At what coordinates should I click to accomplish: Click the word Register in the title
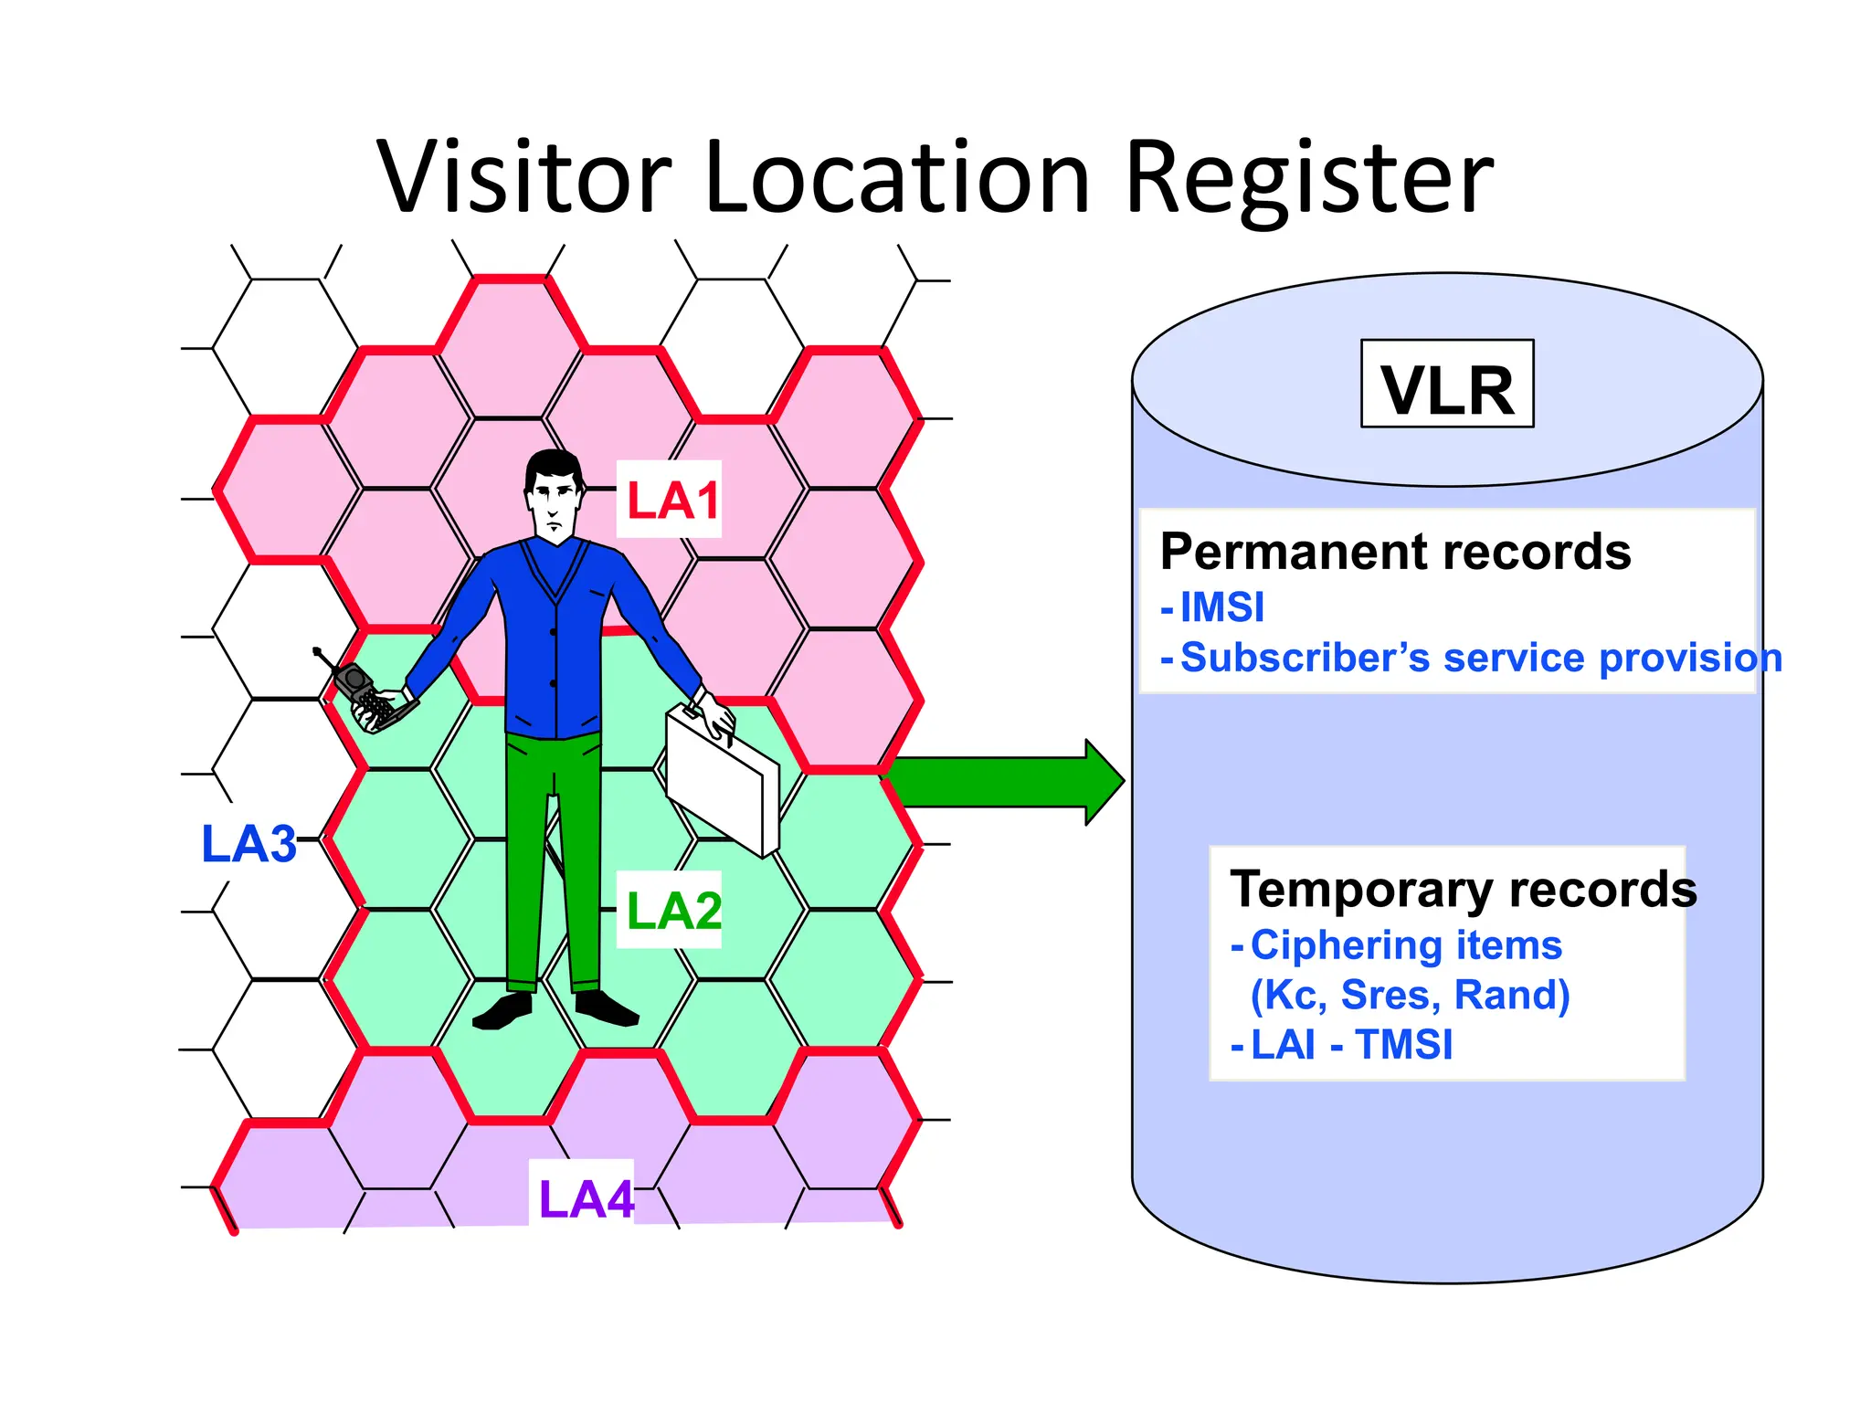click(x=1308, y=179)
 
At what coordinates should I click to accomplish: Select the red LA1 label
click(x=671, y=501)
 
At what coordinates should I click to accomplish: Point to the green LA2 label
click(x=673, y=911)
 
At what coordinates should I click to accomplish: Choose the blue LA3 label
click(x=248, y=844)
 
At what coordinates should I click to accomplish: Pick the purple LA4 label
click(x=586, y=1198)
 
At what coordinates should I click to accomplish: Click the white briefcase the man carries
click(x=722, y=782)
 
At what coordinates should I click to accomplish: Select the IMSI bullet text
click(x=1222, y=607)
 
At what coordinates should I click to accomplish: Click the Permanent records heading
click(x=1395, y=552)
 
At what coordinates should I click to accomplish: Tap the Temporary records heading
click(x=1463, y=889)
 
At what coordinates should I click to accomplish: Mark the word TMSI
click(x=1404, y=1044)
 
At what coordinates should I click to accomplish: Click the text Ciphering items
click(x=1406, y=945)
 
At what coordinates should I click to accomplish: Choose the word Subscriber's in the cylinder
click(x=1305, y=658)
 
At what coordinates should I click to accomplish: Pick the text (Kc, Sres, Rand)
click(x=1410, y=995)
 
